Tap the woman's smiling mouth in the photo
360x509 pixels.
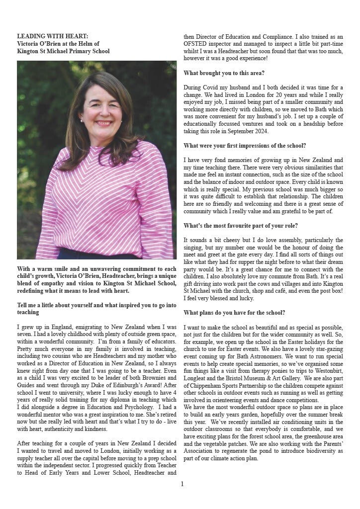pyautogui.click(x=104, y=123)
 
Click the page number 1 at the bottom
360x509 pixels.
pyautogui.click(x=182, y=484)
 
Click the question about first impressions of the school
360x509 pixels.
pyautogui.click(x=245, y=146)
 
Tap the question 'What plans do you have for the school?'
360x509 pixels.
pyautogui.click(x=234, y=313)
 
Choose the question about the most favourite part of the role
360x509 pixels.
pyautogui.click(x=241, y=226)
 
